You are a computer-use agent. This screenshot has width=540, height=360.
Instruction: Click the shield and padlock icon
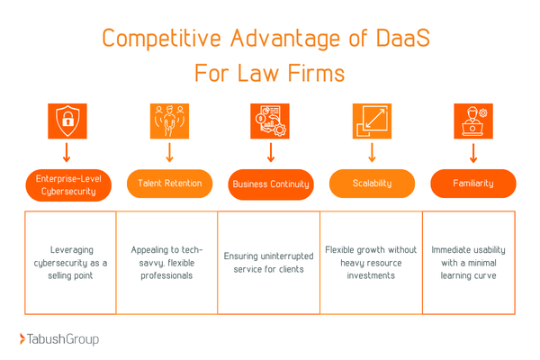(x=67, y=120)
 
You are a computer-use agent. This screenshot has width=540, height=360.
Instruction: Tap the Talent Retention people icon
(x=168, y=120)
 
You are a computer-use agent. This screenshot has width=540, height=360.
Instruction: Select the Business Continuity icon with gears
(x=270, y=120)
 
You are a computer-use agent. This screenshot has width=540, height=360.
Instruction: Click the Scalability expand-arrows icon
(x=371, y=120)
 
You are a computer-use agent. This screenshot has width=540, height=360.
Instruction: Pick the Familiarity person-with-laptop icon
(x=472, y=120)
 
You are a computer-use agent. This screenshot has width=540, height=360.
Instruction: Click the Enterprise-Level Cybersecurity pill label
(x=67, y=184)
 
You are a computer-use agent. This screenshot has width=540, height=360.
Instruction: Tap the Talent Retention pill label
(x=169, y=184)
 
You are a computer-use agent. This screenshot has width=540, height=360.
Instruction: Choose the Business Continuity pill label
(x=270, y=184)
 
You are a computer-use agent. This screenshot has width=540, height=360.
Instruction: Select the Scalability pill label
(x=372, y=184)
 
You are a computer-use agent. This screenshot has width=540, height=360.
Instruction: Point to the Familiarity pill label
(x=472, y=184)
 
